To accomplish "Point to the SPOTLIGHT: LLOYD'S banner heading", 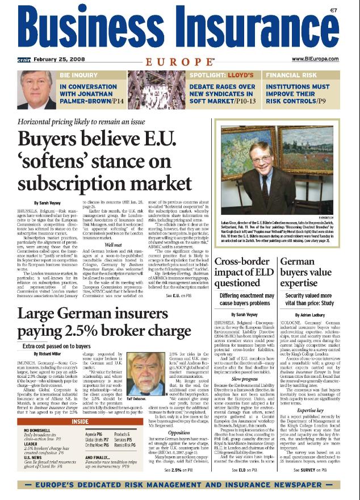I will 221,74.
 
